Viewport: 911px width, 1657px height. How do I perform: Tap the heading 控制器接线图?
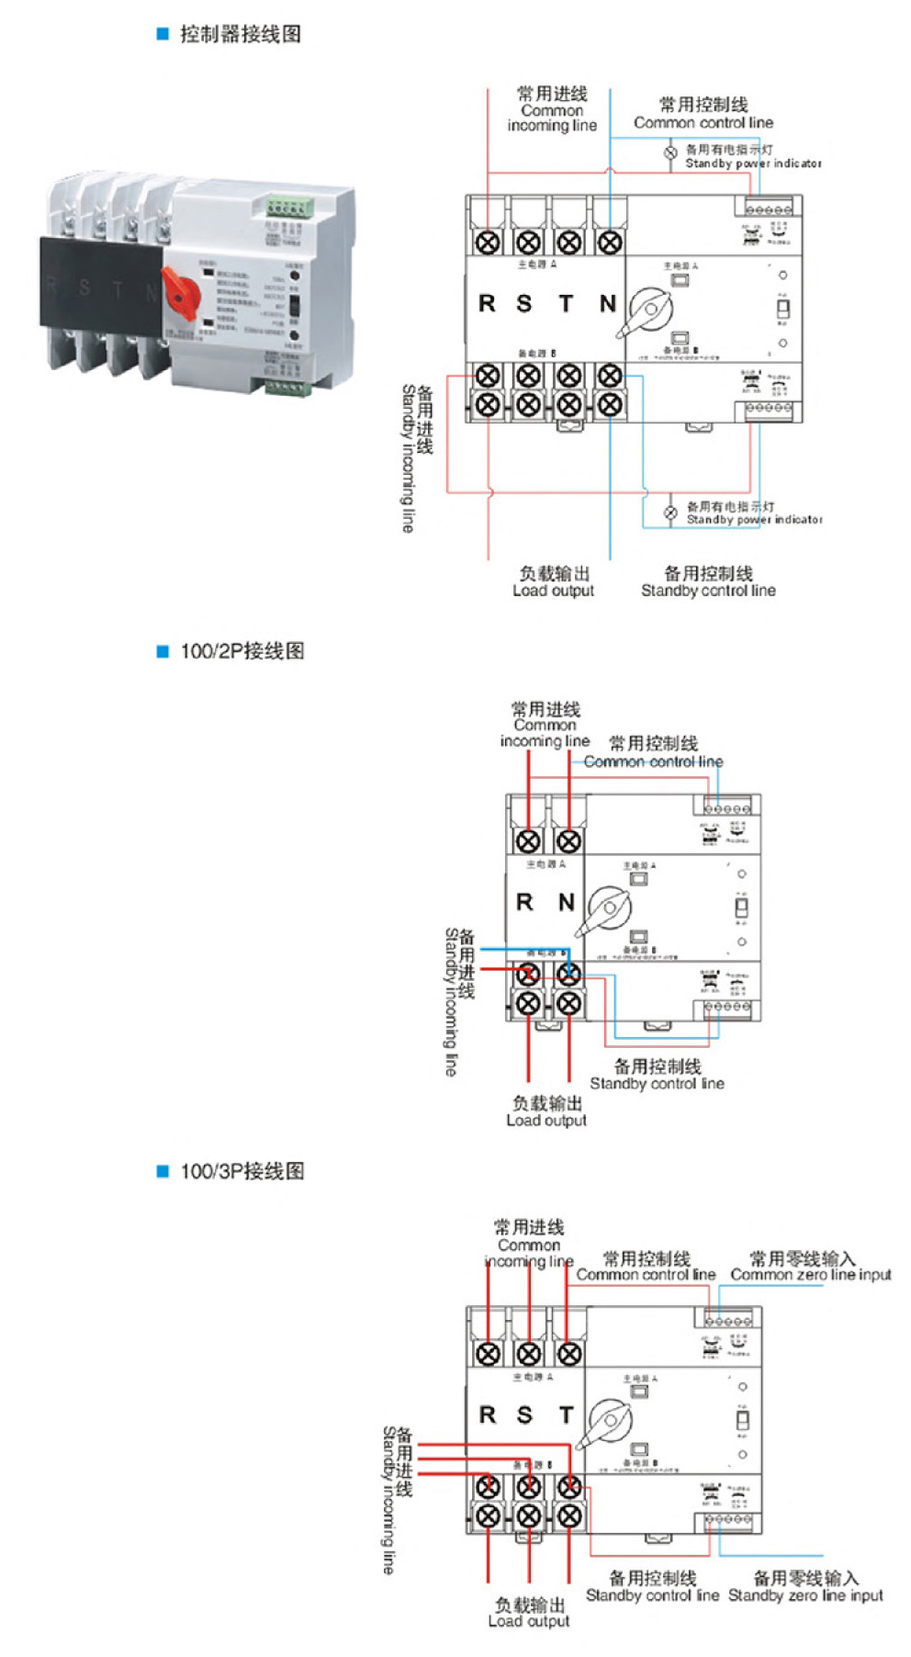[240, 34]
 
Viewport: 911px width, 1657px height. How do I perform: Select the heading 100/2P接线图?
[242, 651]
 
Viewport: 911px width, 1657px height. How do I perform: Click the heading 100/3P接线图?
[242, 1171]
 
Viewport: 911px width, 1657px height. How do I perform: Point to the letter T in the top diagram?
[567, 304]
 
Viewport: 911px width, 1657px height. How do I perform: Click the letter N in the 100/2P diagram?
[567, 903]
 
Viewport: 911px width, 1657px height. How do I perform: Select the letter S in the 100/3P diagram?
[524, 1415]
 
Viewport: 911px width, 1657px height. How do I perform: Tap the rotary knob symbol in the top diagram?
[649, 310]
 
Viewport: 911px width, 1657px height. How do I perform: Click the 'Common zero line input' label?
[811, 1275]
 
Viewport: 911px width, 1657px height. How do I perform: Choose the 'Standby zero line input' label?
[805, 1595]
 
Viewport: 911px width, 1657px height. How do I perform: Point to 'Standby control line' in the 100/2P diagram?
[657, 1084]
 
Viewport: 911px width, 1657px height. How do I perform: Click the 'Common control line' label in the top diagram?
[703, 122]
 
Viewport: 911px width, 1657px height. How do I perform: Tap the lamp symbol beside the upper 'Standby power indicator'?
[671, 153]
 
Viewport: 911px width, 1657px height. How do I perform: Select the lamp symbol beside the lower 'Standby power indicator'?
[671, 513]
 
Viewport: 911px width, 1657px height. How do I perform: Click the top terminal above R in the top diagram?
[488, 242]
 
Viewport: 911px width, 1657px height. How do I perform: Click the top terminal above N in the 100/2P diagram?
[568, 840]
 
